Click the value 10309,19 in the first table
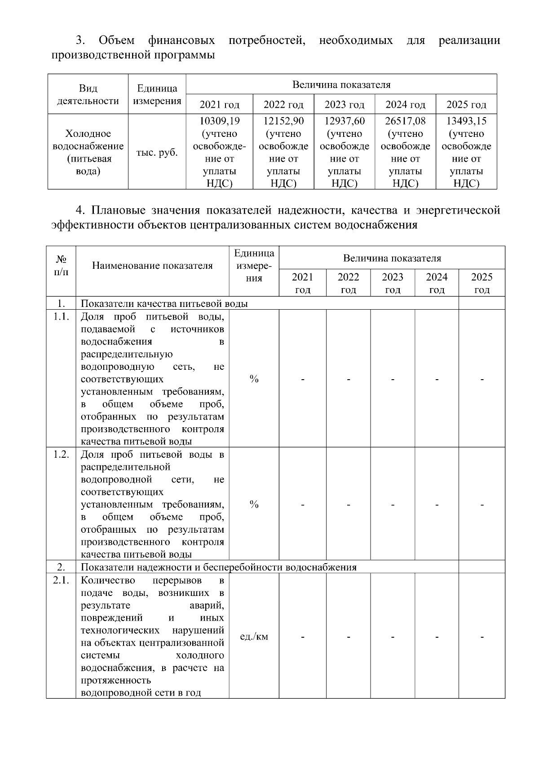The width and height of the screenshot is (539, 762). pyautogui.click(x=219, y=121)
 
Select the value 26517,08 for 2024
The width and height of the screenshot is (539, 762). pyautogui.click(x=405, y=121)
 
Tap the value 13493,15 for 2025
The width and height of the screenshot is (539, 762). pyautogui.click(x=466, y=121)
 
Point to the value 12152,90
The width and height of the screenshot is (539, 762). pyautogui.click(x=283, y=121)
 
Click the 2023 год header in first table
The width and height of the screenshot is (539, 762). pyautogui.click(x=344, y=105)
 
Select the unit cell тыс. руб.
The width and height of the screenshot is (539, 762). pyautogui.click(x=157, y=153)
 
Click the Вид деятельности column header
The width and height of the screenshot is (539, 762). pyautogui.click(x=88, y=94)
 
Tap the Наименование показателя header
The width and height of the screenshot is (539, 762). pyautogui.click(x=152, y=266)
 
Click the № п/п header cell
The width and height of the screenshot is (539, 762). pyautogui.click(x=61, y=266)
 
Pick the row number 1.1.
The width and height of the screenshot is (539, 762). pyautogui.click(x=61, y=317)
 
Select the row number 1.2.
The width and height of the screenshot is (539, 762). pyautogui.click(x=61, y=454)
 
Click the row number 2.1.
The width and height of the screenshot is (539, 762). pyautogui.click(x=61, y=580)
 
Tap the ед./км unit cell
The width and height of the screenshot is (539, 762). pyautogui.click(x=254, y=637)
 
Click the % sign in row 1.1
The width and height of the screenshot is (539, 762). pyautogui.click(x=254, y=380)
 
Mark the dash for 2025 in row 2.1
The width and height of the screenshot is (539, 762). pyautogui.click(x=482, y=637)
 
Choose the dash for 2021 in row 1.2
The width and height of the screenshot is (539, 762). pyautogui.click(x=303, y=505)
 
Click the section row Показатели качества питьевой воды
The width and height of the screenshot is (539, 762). pyautogui.click(x=164, y=304)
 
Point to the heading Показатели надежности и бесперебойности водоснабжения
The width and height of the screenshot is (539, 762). pyautogui.click(x=218, y=567)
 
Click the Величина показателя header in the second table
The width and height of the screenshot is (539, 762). pyautogui.click(x=392, y=258)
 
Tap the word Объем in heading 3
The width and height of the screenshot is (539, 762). pyautogui.click(x=116, y=41)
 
